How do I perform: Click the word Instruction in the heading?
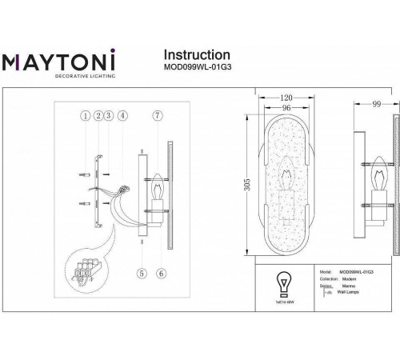click(197, 54)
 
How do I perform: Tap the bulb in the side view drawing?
click(376, 172)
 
